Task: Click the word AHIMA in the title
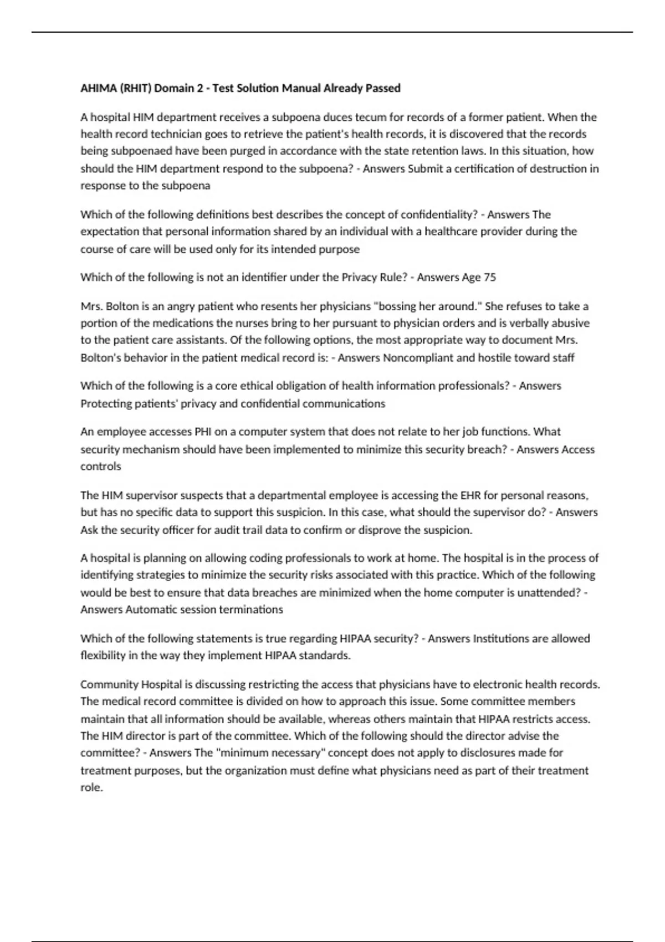pos(95,88)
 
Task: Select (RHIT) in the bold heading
pos(131,88)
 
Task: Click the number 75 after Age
pos(490,278)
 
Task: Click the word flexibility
pos(103,656)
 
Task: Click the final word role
pos(91,787)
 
